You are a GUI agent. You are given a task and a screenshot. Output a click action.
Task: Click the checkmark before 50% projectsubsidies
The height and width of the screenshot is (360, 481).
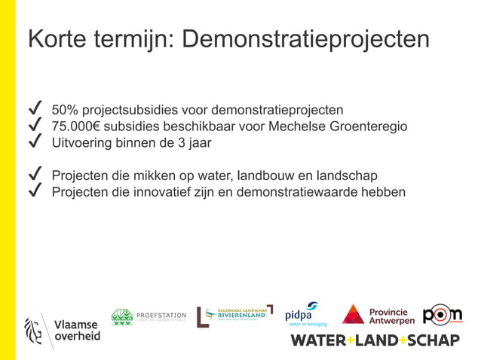click(34, 109)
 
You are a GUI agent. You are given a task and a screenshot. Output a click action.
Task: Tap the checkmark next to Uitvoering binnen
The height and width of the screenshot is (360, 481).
click(34, 142)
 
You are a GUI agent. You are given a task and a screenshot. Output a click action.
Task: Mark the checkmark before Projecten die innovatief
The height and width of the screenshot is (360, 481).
click(34, 191)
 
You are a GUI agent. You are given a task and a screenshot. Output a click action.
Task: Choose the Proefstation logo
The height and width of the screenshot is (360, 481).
click(149, 317)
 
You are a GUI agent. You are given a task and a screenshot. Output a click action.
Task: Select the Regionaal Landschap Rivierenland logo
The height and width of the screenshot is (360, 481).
click(234, 316)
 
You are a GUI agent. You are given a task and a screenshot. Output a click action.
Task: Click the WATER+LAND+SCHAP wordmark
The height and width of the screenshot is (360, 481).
click(375, 340)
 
